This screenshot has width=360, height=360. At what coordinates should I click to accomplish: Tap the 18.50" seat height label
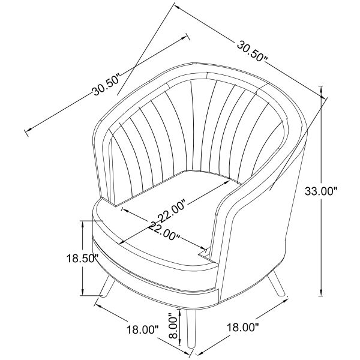tap(82, 259)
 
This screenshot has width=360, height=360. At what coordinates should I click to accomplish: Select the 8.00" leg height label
tap(175, 326)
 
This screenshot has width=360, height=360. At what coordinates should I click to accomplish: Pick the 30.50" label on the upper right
tap(252, 51)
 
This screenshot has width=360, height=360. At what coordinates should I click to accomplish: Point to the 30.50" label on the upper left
tap(107, 85)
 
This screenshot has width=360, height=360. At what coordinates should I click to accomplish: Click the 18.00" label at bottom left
tap(143, 330)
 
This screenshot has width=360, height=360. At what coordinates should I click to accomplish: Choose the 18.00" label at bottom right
tap(243, 327)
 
